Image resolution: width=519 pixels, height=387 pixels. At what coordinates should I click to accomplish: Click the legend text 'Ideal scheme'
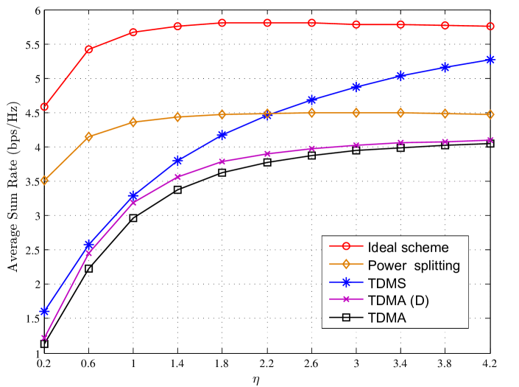[x=406, y=248]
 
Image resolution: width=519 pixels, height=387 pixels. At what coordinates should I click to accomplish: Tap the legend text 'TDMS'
[x=386, y=283]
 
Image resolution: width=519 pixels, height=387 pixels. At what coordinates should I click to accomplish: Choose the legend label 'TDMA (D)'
[x=398, y=301]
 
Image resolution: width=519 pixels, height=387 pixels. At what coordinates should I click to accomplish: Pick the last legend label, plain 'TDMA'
[x=386, y=318]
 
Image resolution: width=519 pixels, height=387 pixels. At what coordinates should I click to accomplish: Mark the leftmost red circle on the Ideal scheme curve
[x=44, y=107]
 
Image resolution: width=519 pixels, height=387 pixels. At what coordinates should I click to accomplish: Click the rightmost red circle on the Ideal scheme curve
[x=490, y=27]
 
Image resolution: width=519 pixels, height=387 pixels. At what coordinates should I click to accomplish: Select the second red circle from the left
[x=89, y=49]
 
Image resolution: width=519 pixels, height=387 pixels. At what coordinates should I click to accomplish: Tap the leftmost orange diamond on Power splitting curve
[x=44, y=180]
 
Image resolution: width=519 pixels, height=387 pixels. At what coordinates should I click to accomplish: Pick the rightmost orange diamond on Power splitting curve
[x=490, y=115]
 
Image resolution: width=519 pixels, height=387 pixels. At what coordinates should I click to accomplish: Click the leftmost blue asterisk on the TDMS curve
[x=44, y=311]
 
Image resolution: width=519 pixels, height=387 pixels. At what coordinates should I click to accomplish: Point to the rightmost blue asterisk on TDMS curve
[x=490, y=60]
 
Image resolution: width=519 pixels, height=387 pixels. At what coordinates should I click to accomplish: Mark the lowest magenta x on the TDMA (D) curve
[x=44, y=338]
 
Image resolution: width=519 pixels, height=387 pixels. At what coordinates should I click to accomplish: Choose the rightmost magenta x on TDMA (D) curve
[x=490, y=140]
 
